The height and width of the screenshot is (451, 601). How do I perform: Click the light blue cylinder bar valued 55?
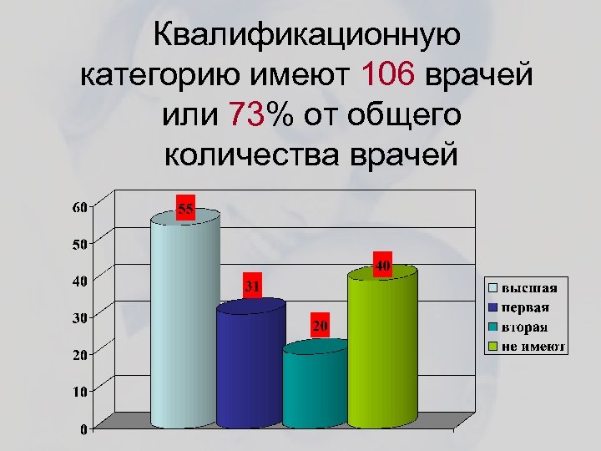click(184, 322)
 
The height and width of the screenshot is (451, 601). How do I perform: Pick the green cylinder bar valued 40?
click(381, 347)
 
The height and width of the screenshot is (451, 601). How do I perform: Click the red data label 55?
click(185, 210)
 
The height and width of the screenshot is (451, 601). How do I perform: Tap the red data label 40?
click(383, 266)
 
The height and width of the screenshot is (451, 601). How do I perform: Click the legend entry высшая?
click(528, 288)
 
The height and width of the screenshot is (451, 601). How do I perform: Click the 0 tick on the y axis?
click(85, 429)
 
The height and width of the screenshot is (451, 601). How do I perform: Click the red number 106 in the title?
click(389, 74)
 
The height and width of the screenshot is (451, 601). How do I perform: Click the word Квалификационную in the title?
click(306, 36)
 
